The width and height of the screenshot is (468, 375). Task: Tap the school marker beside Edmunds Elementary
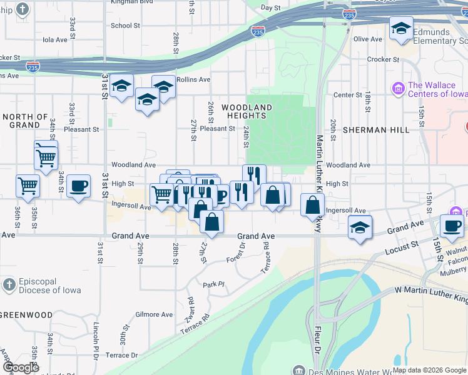click(x=401, y=28)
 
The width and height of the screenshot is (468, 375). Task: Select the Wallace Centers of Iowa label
click(x=437, y=89)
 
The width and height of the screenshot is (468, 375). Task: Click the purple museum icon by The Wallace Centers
click(x=397, y=89)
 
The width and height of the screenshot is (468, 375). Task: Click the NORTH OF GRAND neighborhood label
click(x=25, y=121)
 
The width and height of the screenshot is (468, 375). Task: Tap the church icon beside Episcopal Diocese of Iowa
click(x=9, y=285)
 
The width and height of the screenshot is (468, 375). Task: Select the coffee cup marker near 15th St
click(x=451, y=226)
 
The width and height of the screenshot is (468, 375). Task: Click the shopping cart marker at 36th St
click(x=28, y=185)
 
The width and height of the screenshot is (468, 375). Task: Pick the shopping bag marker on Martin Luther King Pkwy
click(x=312, y=204)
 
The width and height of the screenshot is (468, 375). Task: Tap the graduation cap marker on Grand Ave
click(x=360, y=227)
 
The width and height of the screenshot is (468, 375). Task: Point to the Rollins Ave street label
click(x=193, y=79)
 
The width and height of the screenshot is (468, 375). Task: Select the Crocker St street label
click(x=384, y=59)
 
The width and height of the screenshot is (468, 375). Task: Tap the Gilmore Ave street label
click(x=154, y=315)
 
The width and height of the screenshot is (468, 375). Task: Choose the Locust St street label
click(x=402, y=248)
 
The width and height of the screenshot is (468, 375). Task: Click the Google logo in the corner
click(x=20, y=367)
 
